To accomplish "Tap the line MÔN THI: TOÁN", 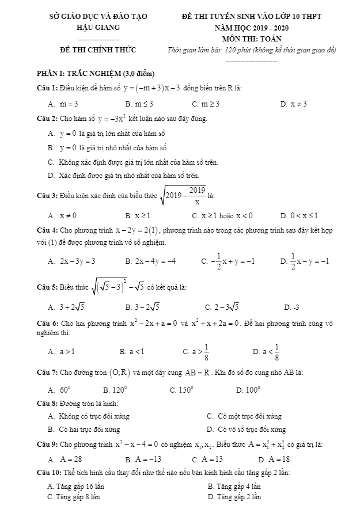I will pos(252,39).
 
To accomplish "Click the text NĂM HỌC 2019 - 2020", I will pos(252,27).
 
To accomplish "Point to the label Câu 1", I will pos(45,88).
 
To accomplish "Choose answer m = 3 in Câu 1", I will pos(69,104).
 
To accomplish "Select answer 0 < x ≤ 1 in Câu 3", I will pos(304,216).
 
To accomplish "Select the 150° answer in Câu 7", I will pos(185,390).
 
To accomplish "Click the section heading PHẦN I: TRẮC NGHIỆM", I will pos(93,73).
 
